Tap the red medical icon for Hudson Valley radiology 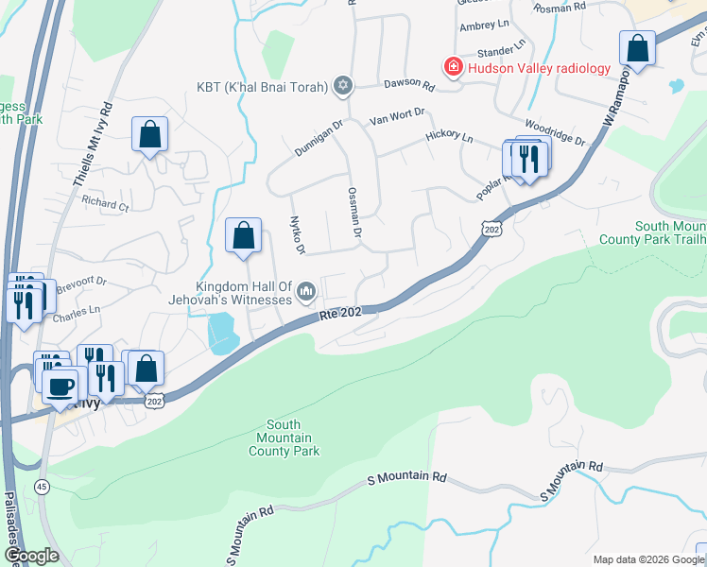pyautogui.click(x=454, y=66)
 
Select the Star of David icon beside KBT pyautogui.click(x=343, y=87)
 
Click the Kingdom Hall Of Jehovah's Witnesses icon pyautogui.click(x=305, y=292)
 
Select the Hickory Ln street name pyautogui.click(x=449, y=137)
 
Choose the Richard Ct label pyautogui.click(x=104, y=203)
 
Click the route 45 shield pyautogui.click(x=42, y=487)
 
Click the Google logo pyautogui.click(x=32, y=555)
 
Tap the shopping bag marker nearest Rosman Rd pyautogui.click(x=638, y=48)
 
